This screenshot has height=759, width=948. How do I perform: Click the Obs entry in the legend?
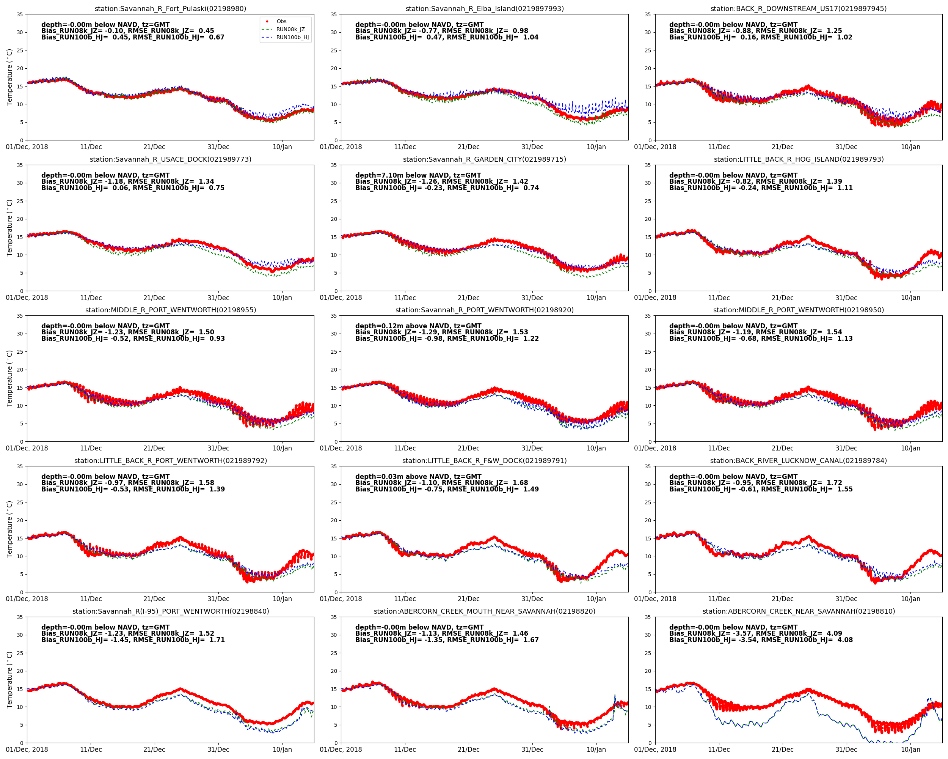(x=281, y=21)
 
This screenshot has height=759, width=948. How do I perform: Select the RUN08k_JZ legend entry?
(x=290, y=29)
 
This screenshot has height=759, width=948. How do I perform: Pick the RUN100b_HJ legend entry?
(x=292, y=38)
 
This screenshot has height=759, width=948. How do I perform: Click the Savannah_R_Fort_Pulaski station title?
(x=170, y=9)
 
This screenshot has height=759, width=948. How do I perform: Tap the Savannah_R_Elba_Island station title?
(x=484, y=9)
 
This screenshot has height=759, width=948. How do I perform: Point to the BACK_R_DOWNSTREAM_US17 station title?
(x=798, y=9)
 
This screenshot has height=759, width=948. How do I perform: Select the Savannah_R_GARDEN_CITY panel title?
(x=484, y=159)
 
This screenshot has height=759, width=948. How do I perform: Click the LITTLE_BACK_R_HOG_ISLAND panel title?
(x=798, y=159)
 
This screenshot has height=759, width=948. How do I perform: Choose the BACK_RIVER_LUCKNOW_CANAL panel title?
(x=798, y=461)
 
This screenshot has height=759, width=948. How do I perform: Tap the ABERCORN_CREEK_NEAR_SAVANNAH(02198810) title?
(x=798, y=611)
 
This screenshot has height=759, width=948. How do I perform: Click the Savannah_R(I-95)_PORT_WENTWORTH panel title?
(x=170, y=611)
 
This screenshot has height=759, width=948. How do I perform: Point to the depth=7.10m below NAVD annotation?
(x=418, y=175)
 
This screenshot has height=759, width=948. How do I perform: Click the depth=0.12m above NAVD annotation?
(x=418, y=326)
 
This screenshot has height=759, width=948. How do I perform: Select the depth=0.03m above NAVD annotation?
(x=418, y=477)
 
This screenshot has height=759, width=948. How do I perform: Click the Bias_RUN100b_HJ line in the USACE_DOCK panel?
(x=132, y=188)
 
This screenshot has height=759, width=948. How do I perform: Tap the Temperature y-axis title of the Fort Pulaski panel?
(x=9, y=77)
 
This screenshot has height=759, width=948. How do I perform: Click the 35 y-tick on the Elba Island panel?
(x=334, y=14)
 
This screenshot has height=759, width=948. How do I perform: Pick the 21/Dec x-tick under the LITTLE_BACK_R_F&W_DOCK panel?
(x=468, y=599)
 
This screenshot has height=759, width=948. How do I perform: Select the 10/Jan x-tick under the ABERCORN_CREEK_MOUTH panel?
(x=596, y=749)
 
